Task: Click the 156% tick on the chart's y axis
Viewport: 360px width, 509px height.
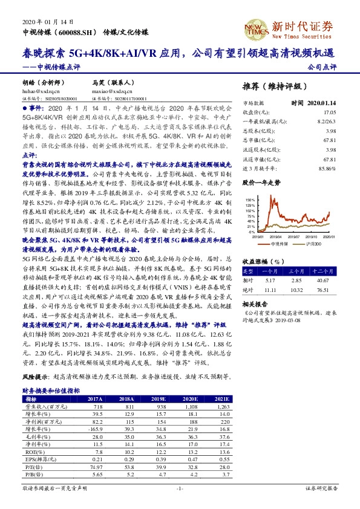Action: [x=250, y=199]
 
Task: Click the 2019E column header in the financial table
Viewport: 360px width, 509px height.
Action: [x=159, y=400]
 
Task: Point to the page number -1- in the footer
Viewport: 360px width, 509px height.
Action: [x=179, y=488]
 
